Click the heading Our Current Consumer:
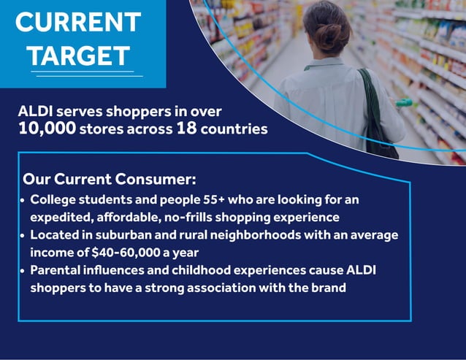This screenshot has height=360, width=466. click(x=110, y=179)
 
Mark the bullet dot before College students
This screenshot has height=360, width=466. click(x=23, y=200)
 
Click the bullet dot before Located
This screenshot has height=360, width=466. click(x=23, y=236)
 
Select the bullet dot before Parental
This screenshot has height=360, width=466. click(x=23, y=271)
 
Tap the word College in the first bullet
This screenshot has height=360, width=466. click(x=53, y=199)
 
